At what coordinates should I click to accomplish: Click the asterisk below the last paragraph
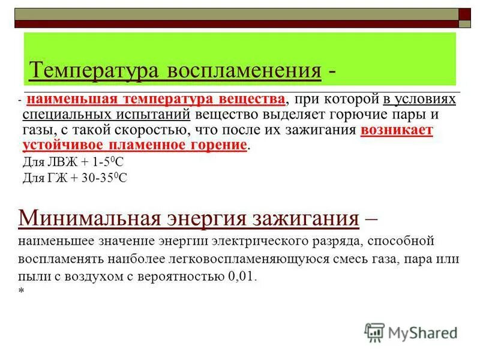(21, 292)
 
